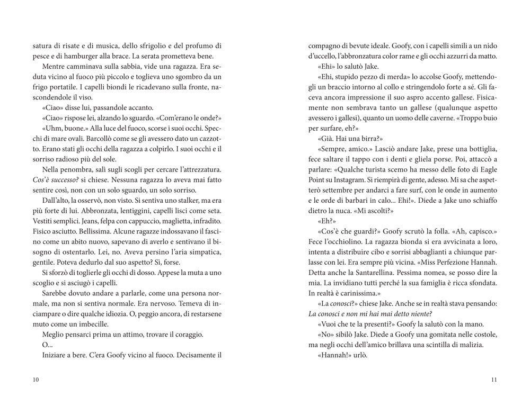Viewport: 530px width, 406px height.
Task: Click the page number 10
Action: point(35,380)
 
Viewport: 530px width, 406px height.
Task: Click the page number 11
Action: point(494,380)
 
